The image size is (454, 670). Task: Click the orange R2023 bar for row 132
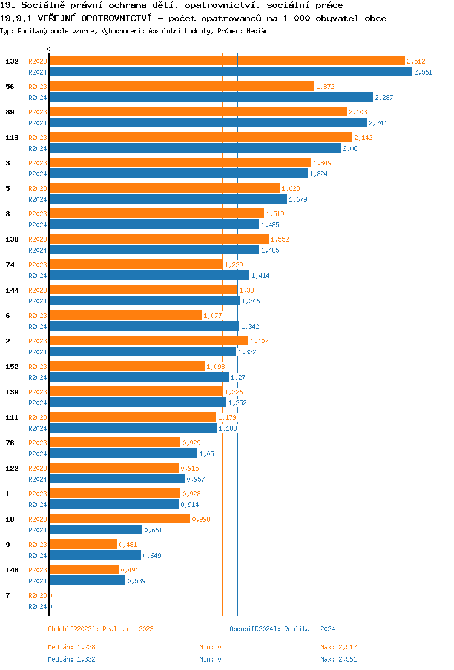coord(227,61)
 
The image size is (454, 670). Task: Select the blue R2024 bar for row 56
coord(211,97)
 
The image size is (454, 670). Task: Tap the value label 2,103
coord(358,112)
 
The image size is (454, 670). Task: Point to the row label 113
coord(12,138)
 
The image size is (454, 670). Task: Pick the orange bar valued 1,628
coord(164,188)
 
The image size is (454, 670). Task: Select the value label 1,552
coord(280,239)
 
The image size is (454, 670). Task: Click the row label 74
coord(10,265)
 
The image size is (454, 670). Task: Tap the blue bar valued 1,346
coord(144,300)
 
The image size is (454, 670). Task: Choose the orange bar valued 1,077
coord(125,315)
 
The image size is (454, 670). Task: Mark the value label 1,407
coord(259,341)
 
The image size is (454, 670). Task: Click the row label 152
coord(12,367)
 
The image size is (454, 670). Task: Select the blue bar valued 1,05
coord(123,453)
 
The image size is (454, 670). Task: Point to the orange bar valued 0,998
coord(119,519)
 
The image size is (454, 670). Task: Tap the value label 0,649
coord(152,556)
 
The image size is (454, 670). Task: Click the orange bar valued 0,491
coord(84,569)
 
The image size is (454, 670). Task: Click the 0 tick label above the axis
coord(49,49)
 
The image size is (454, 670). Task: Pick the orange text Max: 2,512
coord(338,647)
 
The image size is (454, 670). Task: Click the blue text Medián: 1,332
coord(71,659)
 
